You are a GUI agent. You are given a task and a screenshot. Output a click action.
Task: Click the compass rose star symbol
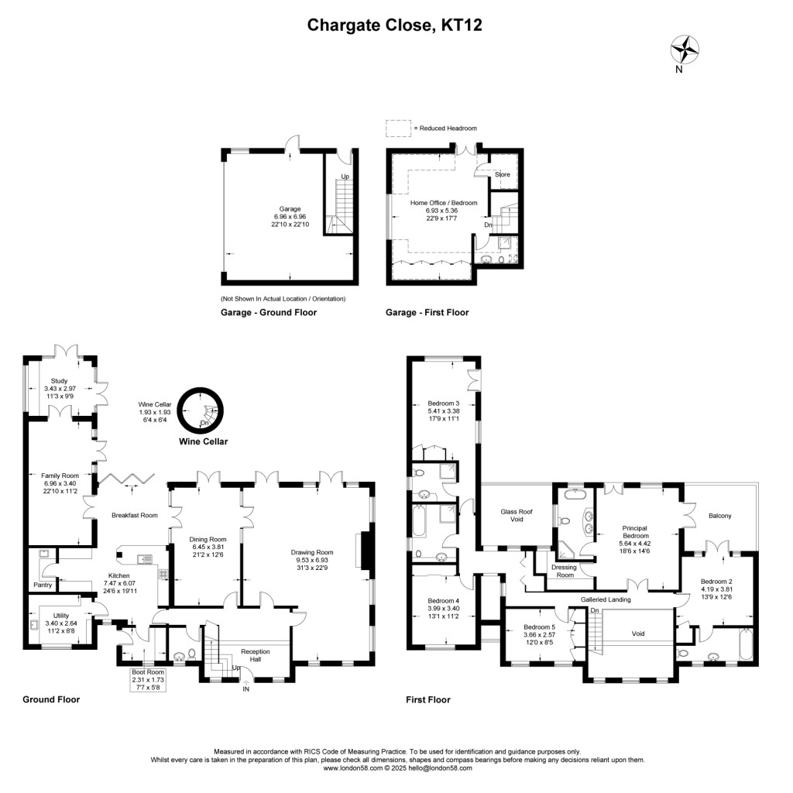click(x=685, y=50)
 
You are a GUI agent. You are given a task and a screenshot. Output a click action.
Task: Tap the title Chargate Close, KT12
click(x=394, y=25)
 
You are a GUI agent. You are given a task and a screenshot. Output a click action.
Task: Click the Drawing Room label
click(x=312, y=552)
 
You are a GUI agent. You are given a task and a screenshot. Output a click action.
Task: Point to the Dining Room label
click(x=208, y=540)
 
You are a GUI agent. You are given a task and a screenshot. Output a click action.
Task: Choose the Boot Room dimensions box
click(x=148, y=680)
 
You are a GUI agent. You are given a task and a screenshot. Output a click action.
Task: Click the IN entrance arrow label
click(x=245, y=689)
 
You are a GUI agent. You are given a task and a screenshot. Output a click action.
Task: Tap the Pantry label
click(x=43, y=585)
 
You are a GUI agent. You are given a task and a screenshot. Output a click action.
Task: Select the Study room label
click(x=59, y=381)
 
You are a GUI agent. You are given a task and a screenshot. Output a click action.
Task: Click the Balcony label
click(x=719, y=516)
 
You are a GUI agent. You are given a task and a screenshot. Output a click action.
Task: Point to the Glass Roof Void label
click(x=517, y=515)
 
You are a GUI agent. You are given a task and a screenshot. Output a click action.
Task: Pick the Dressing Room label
click(x=565, y=571)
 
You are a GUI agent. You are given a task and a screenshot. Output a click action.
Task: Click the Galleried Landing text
click(x=606, y=599)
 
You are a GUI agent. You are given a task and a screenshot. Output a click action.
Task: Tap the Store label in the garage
click(x=502, y=174)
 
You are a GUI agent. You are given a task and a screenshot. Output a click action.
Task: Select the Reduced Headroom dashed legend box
click(x=399, y=128)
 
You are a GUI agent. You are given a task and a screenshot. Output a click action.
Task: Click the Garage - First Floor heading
click(x=427, y=313)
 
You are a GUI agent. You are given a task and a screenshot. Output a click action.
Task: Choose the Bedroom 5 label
click(x=539, y=627)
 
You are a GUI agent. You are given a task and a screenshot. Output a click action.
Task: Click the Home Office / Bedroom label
click(x=444, y=203)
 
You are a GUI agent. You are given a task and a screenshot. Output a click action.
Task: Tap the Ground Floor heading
click(x=51, y=699)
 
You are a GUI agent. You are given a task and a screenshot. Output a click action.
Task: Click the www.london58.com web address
click(x=353, y=767)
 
